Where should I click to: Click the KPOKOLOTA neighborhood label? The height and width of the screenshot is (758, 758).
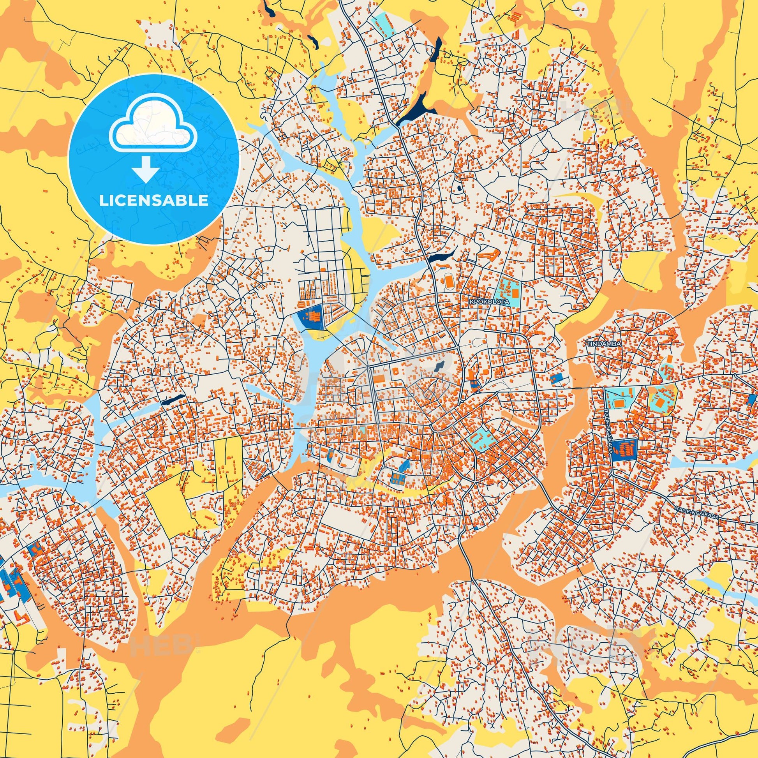(x=489, y=302)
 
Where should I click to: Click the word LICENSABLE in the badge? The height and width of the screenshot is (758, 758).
(x=153, y=201)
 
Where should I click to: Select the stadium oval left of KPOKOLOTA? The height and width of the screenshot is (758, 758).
(x=448, y=280)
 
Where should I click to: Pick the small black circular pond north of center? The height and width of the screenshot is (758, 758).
(x=458, y=189)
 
